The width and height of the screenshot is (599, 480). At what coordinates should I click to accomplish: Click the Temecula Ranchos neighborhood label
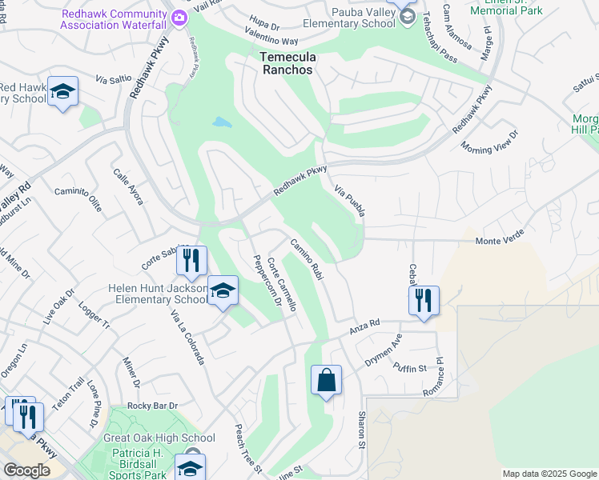click(x=286, y=63)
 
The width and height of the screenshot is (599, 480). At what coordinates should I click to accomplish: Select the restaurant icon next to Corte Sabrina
click(x=192, y=260)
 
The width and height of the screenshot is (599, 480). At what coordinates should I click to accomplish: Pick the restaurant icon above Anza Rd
click(x=424, y=300)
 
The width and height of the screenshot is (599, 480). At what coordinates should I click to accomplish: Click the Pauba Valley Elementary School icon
click(x=407, y=16)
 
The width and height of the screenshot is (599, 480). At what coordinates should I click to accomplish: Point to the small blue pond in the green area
click(x=222, y=123)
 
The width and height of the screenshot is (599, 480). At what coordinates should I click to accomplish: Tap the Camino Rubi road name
click(x=307, y=259)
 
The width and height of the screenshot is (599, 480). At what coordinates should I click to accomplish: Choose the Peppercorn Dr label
click(x=267, y=280)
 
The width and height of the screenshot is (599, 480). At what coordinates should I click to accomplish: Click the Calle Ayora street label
click(x=128, y=186)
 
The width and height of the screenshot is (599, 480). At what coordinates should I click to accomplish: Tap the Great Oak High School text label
click(x=159, y=438)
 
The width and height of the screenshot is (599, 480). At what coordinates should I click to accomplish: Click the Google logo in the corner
click(x=26, y=470)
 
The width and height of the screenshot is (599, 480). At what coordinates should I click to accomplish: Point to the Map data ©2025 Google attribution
click(x=549, y=474)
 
